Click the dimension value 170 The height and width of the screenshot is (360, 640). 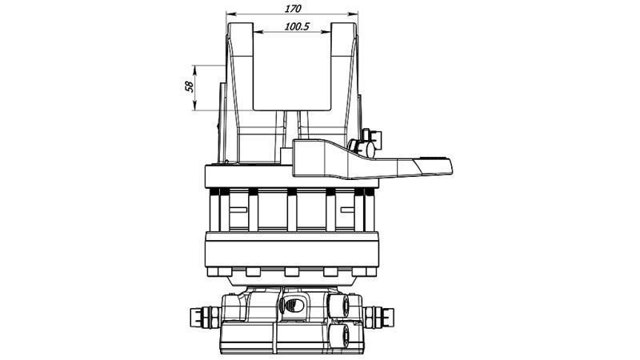293,8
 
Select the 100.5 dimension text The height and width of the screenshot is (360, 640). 296,26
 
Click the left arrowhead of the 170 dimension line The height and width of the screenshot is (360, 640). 229,14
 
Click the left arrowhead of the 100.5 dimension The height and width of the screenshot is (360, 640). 257,34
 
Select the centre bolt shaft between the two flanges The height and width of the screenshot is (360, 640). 291,211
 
